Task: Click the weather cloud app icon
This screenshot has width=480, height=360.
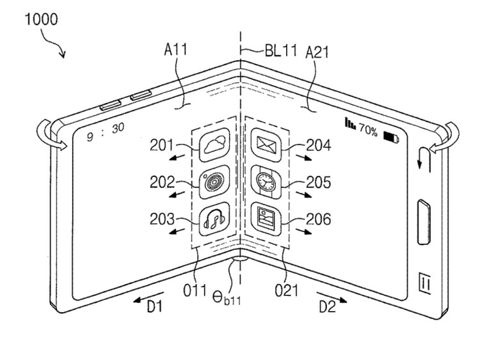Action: (x=214, y=145)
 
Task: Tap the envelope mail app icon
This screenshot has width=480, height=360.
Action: (x=266, y=145)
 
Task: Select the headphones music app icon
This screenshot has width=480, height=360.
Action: (x=214, y=219)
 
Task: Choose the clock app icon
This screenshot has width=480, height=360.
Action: (x=266, y=182)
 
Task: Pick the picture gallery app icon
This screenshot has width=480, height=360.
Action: (x=266, y=219)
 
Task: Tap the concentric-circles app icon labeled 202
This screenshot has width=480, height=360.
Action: (x=214, y=182)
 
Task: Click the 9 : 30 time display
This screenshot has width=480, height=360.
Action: (x=106, y=132)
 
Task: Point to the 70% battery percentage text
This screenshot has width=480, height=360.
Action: (x=368, y=130)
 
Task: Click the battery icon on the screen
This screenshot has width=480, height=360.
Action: (x=391, y=137)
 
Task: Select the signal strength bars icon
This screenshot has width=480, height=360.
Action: (x=350, y=123)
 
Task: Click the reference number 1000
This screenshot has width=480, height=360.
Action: (x=41, y=19)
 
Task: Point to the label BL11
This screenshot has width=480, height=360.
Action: (x=281, y=51)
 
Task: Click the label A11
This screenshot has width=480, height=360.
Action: (x=176, y=49)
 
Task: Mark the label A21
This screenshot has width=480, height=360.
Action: (x=317, y=52)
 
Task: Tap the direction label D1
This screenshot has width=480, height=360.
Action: (x=155, y=306)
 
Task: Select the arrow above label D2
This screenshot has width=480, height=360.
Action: (x=332, y=297)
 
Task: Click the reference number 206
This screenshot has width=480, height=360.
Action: (x=319, y=219)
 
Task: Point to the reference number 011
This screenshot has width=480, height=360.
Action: (x=195, y=290)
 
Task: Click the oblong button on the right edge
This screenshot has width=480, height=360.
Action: (x=424, y=222)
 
